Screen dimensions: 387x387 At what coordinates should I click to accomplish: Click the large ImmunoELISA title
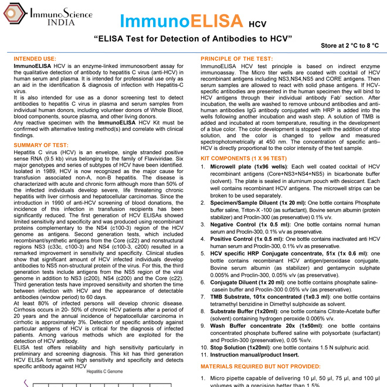182,21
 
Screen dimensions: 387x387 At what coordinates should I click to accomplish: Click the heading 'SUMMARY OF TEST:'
40,145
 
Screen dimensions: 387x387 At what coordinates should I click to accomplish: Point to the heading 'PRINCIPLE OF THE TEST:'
236,59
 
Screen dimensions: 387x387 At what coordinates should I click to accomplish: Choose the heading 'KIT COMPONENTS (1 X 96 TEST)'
243,159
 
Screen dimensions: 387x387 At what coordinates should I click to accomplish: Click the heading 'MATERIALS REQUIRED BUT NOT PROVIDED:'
262,366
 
